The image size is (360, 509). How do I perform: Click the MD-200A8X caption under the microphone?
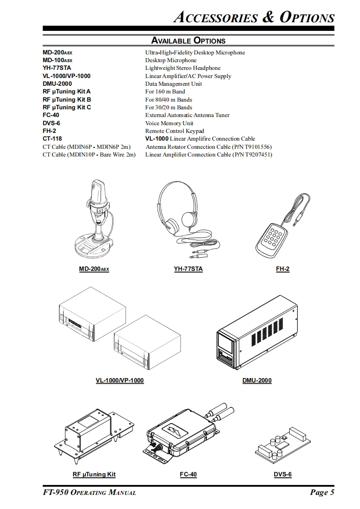(94, 269)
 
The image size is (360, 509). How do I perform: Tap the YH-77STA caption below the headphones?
(188, 269)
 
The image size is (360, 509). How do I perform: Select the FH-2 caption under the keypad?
(282, 269)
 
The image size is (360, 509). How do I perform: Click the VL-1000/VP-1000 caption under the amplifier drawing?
(119, 380)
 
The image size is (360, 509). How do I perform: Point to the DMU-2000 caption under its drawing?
(257, 380)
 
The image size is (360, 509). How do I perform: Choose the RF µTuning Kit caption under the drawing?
(94, 475)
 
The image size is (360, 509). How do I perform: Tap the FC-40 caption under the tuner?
(188, 475)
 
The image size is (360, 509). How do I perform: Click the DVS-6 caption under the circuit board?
(282, 475)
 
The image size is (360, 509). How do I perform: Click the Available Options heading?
(188, 40)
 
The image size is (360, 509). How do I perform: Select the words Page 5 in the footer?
(322, 493)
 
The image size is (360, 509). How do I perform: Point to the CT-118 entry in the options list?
(52, 139)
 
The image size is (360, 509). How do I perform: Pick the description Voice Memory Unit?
(169, 123)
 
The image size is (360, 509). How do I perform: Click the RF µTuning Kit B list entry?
(67, 99)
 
